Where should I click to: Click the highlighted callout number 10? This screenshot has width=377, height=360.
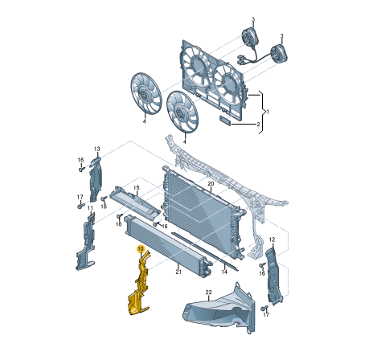141,249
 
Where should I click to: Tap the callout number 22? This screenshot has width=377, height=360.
208,292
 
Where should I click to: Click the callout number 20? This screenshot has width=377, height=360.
211,183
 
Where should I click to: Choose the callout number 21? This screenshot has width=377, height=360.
178,272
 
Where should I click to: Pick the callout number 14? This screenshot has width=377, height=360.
224,272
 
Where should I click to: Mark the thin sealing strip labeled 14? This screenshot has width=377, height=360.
205,252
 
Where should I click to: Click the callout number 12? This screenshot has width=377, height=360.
272,239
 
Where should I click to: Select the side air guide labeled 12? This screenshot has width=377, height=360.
273,276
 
